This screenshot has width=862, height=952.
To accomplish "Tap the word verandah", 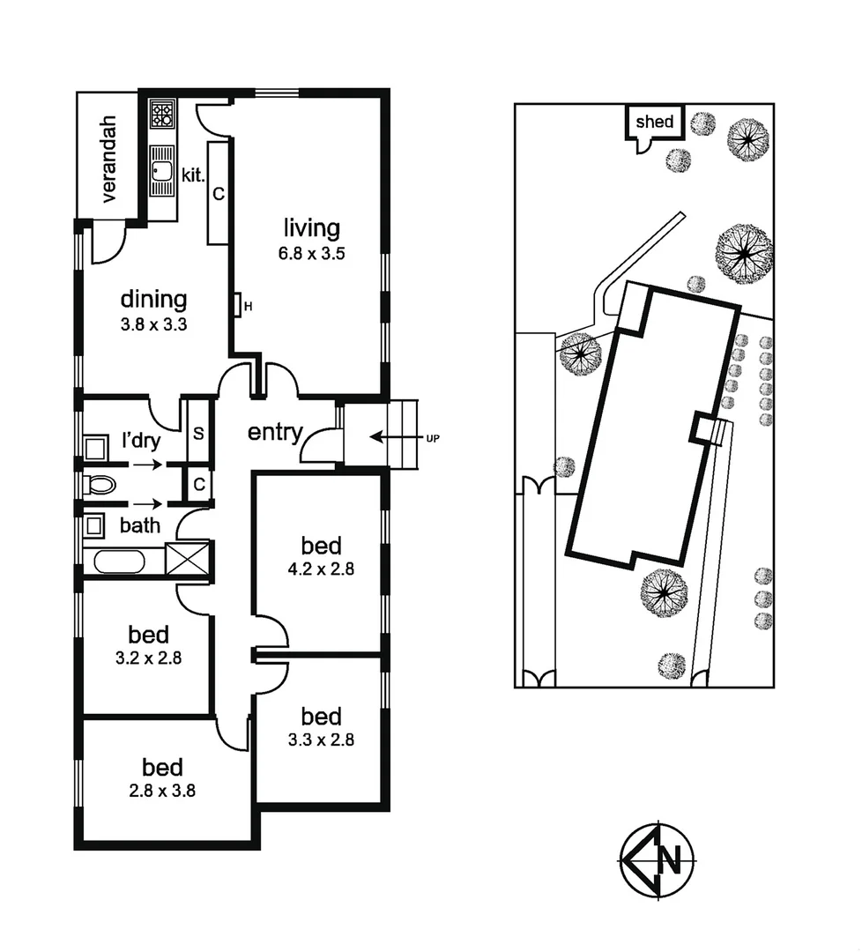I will coord(108,159).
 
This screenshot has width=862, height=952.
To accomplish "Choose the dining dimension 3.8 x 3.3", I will coord(153,324).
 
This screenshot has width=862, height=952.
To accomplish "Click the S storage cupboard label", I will coord(199,434).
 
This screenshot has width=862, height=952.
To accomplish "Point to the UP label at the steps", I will coord(433,437).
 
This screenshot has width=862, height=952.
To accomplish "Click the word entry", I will coord(275,433).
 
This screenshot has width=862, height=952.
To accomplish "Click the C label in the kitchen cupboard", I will coord(219,192).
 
